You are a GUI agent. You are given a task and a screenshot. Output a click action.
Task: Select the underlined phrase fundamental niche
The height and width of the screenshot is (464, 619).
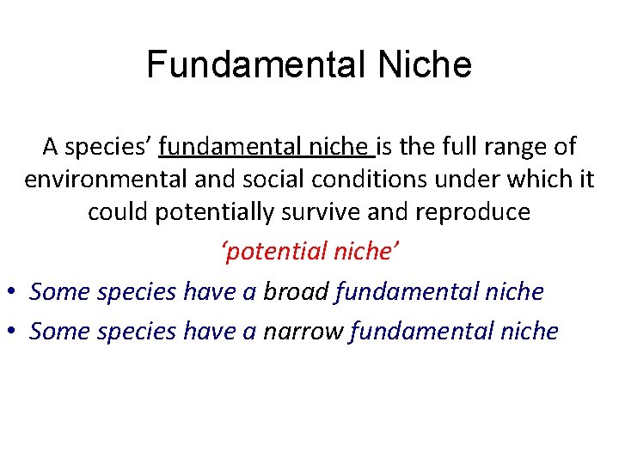click(x=266, y=147)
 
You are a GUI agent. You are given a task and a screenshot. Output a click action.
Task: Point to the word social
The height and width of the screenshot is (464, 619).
click(x=257, y=180)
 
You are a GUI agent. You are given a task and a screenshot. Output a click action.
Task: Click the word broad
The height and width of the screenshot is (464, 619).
click(x=297, y=291)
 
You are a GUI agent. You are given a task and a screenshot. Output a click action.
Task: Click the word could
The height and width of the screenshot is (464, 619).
click(x=119, y=212)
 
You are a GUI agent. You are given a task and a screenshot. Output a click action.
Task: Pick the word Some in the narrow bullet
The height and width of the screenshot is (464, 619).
click(x=59, y=331)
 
